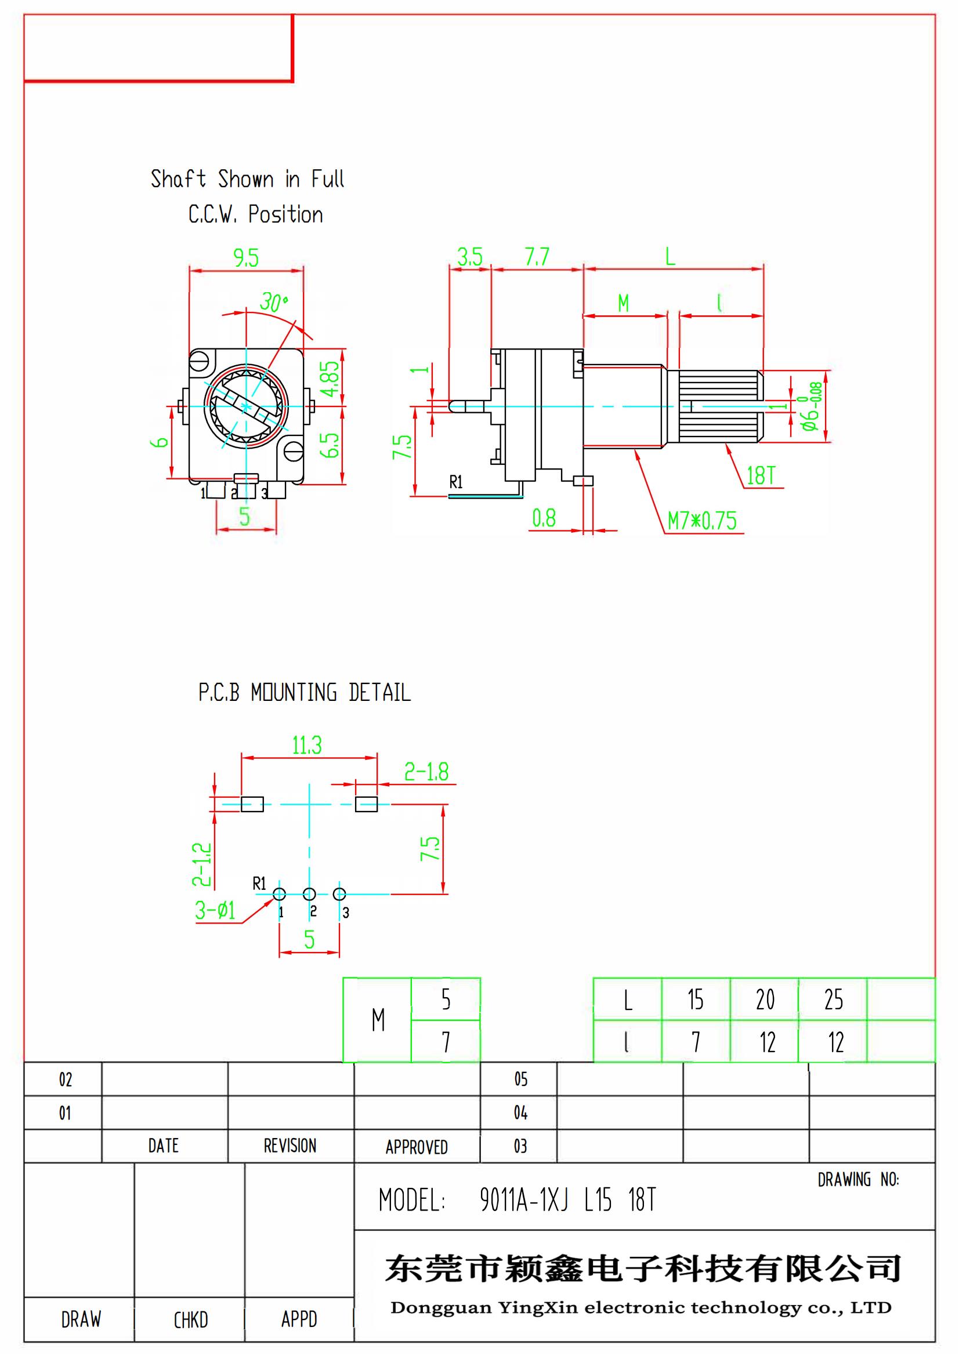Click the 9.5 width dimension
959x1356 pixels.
pyautogui.click(x=246, y=258)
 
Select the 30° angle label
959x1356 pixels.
pyautogui.click(x=274, y=303)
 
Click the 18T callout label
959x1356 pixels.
pyautogui.click(x=761, y=475)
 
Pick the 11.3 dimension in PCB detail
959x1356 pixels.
pyautogui.click(x=307, y=746)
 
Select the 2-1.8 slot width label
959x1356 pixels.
pyautogui.click(x=426, y=771)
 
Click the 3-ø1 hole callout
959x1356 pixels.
pyautogui.click(x=216, y=910)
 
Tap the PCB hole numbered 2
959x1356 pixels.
pyautogui.click(x=309, y=894)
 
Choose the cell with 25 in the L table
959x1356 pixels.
pyautogui.click(x=833, y=999)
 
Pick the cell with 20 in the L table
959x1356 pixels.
pyautogui.click(x=765, y=999)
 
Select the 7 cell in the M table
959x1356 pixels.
pyautogui.click(x=446, y=1042)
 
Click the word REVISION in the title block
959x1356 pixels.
pyautogui.click(x=290, y=1146)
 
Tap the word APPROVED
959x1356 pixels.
pyautogui.click(x=417, y=1147)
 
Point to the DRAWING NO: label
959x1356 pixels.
pyautogui.click(x=858, y=1180)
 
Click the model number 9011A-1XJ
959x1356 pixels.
pyautogui.click(x=523, y=1200)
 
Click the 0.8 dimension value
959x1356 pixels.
pyautogui.click(x=544, y=518)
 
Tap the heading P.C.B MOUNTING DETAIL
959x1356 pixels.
pyautogui.click(x=305, y=692)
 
